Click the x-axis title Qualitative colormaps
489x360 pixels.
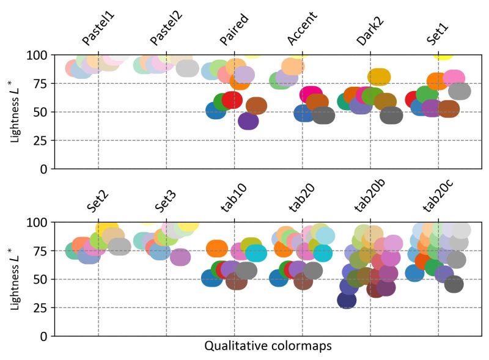[268, 347]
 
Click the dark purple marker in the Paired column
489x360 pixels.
[248, 121]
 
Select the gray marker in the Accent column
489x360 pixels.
[323, 115]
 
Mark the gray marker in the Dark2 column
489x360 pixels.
[391, 115]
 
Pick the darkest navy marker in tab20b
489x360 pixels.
[347, 300]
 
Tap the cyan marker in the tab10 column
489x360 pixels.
[256, 253]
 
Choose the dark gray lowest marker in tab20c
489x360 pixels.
[454, 284]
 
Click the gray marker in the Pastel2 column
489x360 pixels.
[187, 68]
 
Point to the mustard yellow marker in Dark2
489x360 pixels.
[379, 77]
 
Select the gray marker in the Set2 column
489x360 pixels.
[119, 247]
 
